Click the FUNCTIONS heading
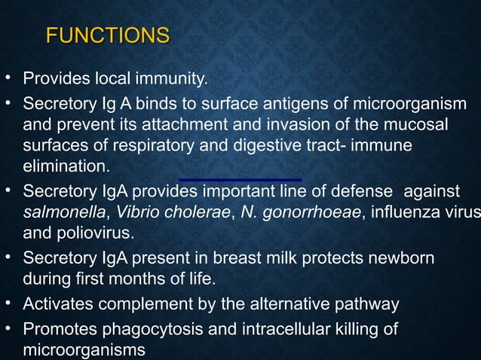[x=107, y=35]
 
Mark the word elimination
[x=66, y=165]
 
